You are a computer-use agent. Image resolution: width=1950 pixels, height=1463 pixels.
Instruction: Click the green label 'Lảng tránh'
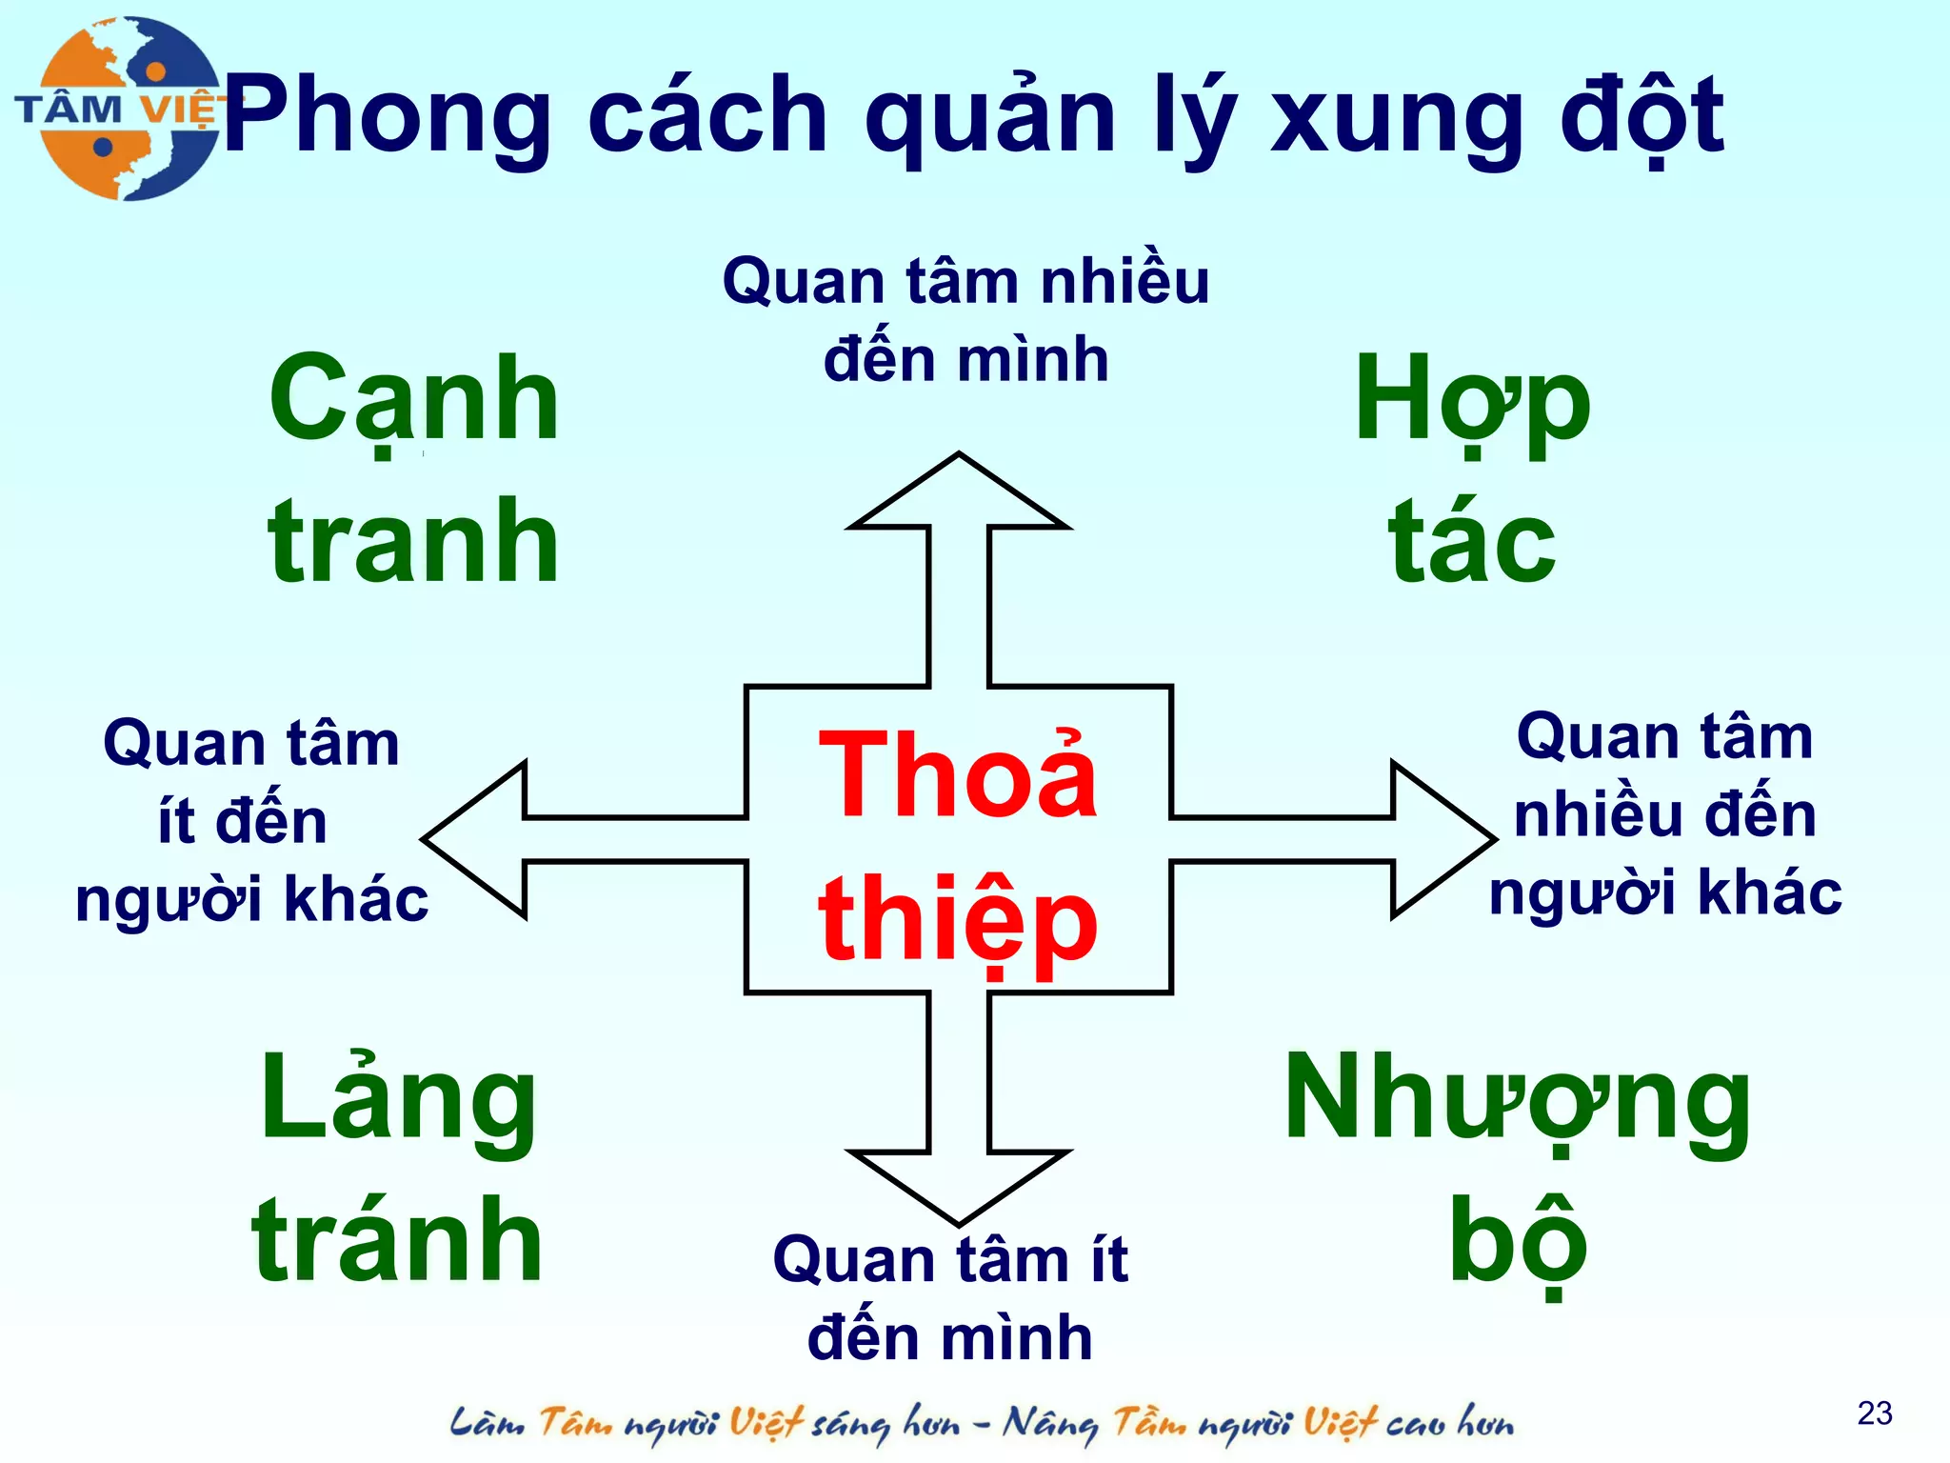coord(398,1168)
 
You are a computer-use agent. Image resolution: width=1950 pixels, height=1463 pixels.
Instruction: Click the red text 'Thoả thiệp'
coord(958,848)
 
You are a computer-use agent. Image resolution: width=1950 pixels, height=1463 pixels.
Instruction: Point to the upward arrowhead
coord(959,495)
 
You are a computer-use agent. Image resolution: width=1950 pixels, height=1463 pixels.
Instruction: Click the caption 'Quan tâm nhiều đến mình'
coord(965,320)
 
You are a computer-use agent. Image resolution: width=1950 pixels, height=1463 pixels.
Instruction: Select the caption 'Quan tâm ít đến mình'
coord(950,1298)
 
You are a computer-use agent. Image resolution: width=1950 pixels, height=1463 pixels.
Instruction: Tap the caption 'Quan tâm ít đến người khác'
coord(251,821)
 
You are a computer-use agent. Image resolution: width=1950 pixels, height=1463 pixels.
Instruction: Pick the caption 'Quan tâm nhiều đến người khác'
coord(1665,815)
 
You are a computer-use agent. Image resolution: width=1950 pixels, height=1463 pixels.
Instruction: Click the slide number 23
coord(1874,1413)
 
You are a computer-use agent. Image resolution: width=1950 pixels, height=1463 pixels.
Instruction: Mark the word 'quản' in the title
coord(990,119)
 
